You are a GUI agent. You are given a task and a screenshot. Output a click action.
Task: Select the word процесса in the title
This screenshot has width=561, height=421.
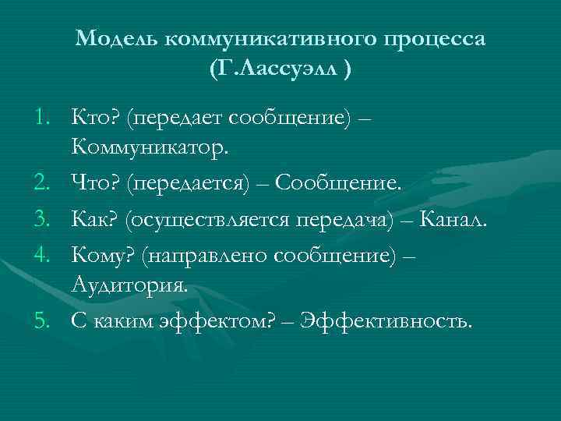441,39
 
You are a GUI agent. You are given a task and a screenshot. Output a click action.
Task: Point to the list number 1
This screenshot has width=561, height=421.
44,117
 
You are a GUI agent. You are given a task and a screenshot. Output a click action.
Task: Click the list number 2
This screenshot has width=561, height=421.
44,182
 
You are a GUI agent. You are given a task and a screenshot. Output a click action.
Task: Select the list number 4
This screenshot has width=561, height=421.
44,254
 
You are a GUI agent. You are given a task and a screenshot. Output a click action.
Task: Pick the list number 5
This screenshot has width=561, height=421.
44,320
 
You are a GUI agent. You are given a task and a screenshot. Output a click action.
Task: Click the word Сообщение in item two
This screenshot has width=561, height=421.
340,182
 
